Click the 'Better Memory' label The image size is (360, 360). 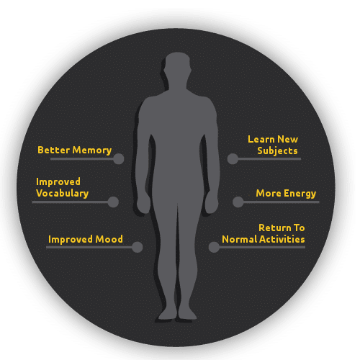click(x=75, y=150)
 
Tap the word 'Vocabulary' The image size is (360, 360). click(x=63, y=194)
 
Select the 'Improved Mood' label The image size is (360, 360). click(x=86, y=239)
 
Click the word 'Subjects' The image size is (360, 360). click(x=277, y=151)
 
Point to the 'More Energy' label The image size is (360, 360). click(x=286, y=194)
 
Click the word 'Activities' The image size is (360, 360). click(x=282, y=239)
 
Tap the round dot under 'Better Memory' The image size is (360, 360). click(x=119, y=159)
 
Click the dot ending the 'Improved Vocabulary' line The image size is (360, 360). click(x=113, y=202)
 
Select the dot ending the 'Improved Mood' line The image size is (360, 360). click(x=138, y=247)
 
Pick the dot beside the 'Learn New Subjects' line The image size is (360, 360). click(x=233, y=159)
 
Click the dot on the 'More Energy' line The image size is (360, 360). click(x=238, y=202)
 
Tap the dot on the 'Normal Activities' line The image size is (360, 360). click(x=214, y=247)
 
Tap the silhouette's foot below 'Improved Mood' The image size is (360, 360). click(x=167, y=314)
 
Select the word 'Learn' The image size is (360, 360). click(x=261, y=140)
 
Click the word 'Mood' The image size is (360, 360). click(x=109, y=239)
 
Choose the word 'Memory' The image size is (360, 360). click(x=92, y=150)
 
